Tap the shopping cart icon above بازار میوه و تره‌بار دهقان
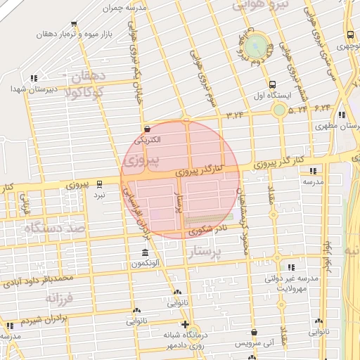74,24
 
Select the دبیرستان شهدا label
28,89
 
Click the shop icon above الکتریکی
147,129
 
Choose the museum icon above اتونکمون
145,253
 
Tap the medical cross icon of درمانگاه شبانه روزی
184,325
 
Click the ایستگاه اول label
267,95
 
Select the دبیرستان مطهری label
337,127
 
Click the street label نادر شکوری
211,229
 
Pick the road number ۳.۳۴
235,114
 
